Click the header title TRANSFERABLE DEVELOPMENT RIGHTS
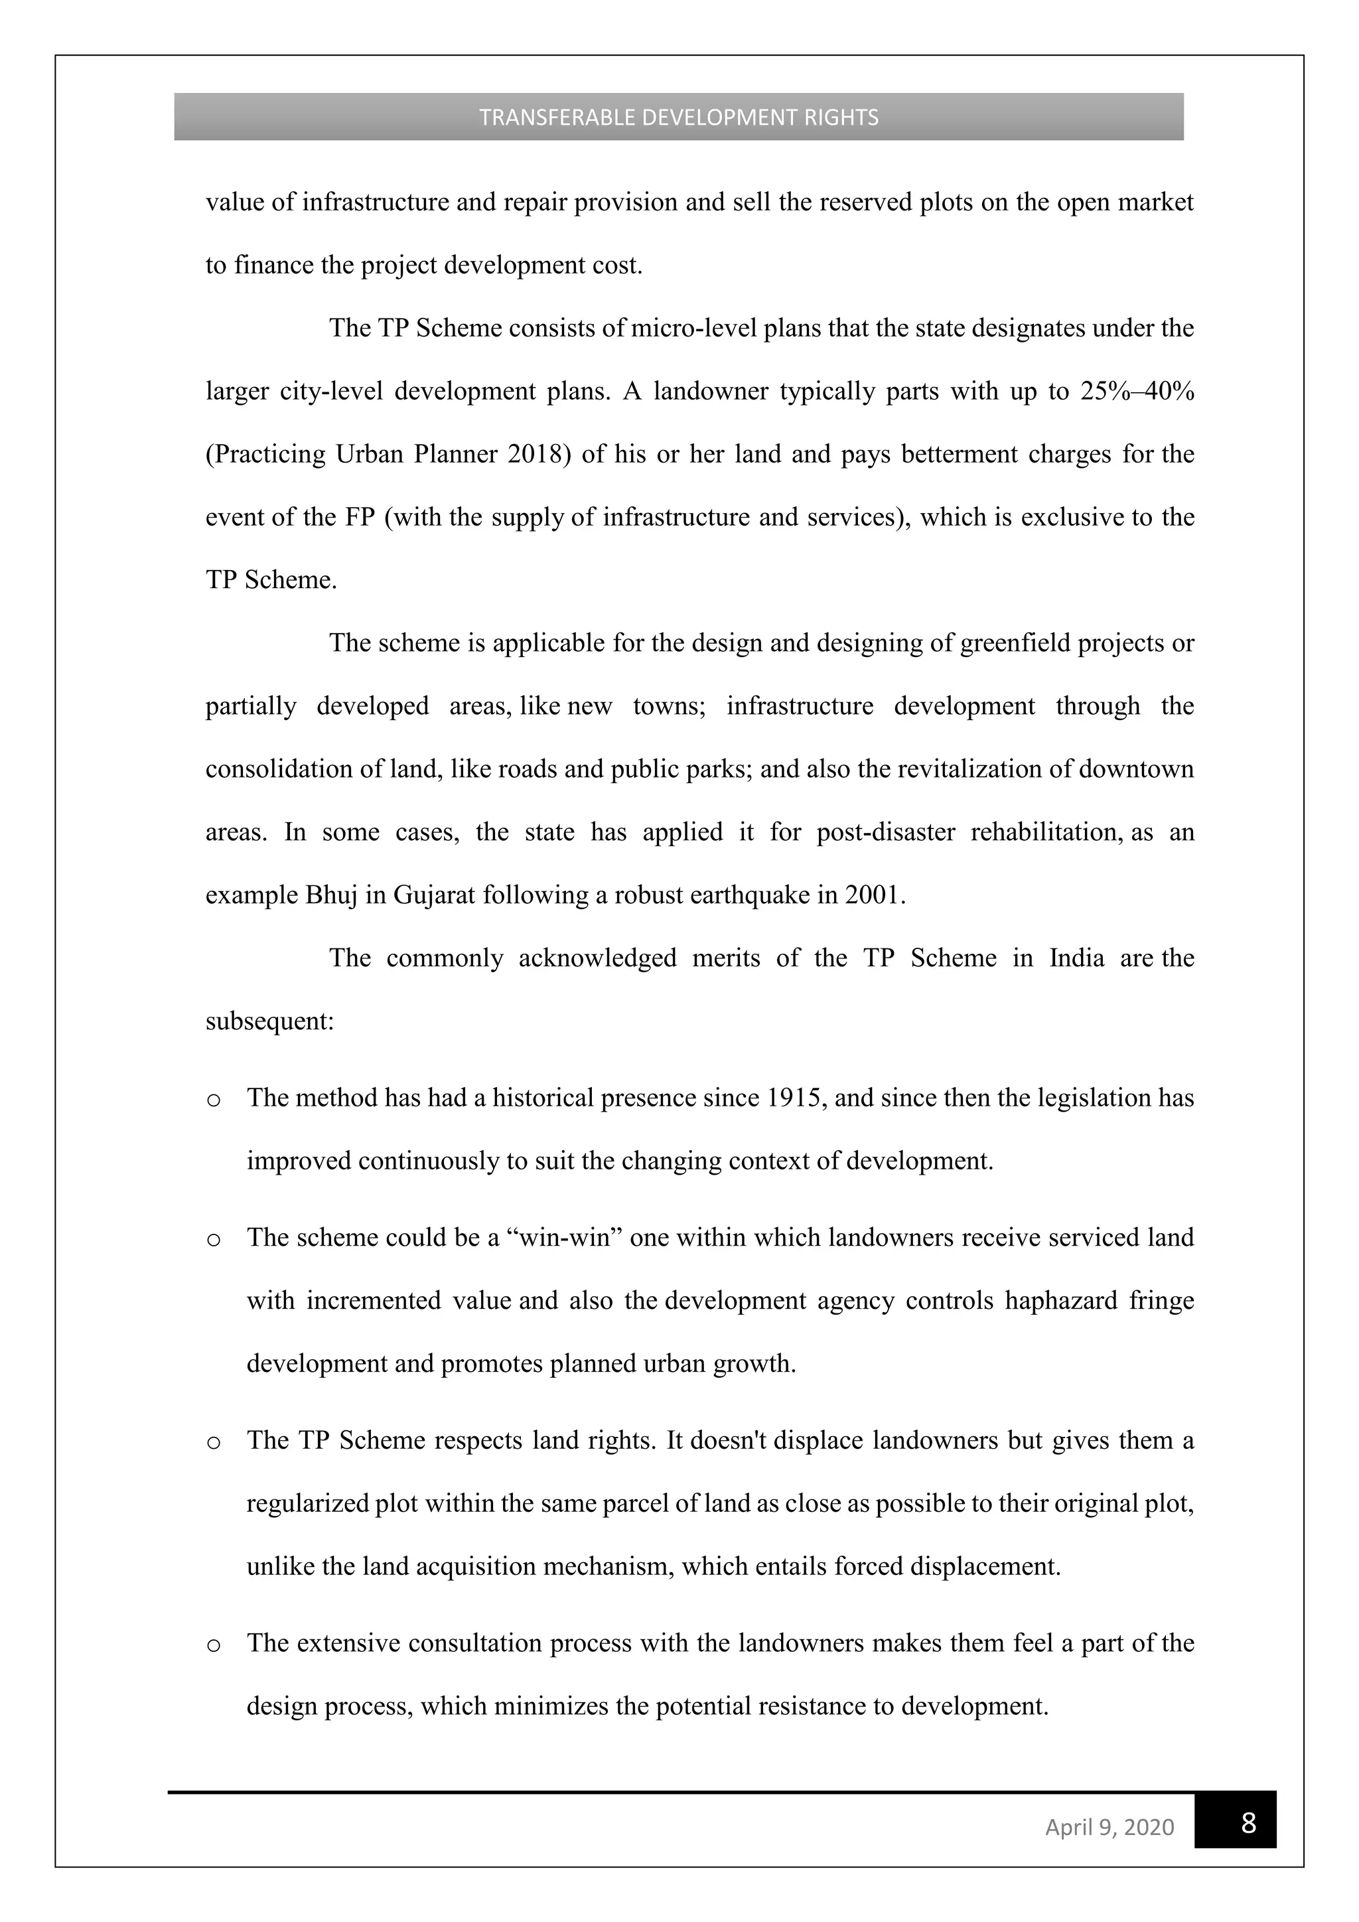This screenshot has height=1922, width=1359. tap(679, 117)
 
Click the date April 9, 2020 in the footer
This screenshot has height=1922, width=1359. tap(1109, 1826)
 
